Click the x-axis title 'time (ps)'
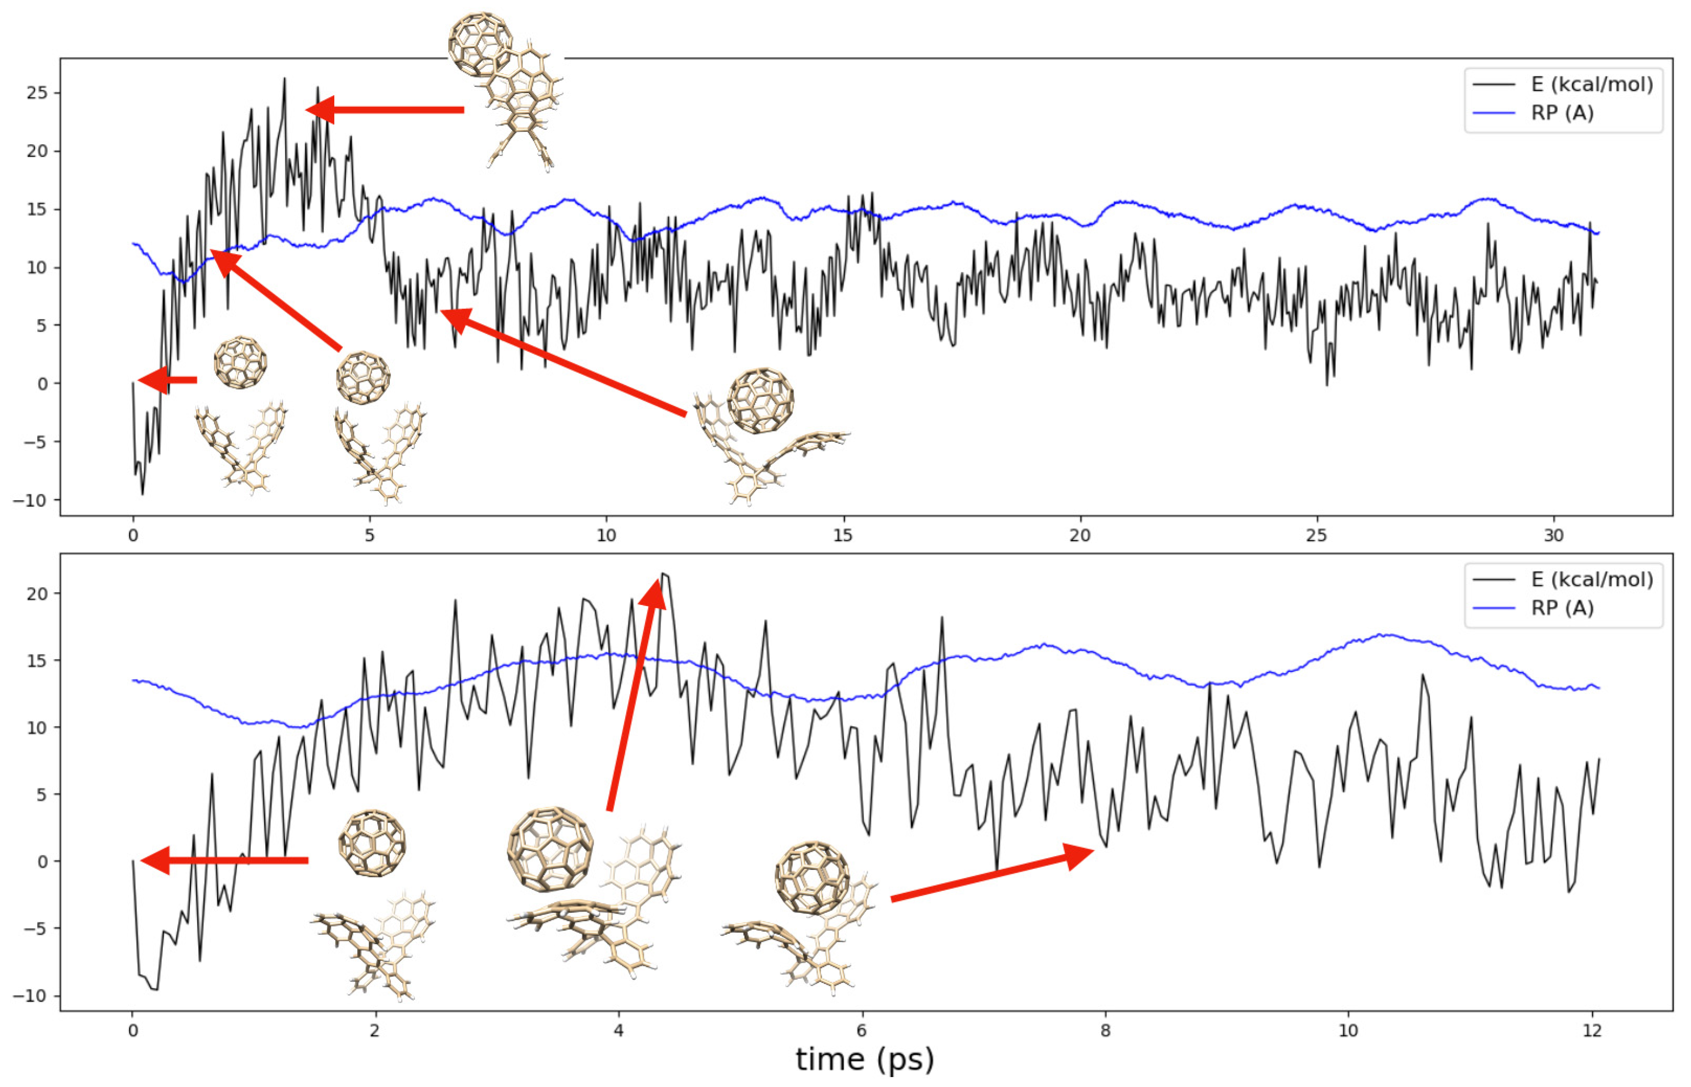coord(864,1059)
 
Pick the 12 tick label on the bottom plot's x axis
coord(1592,1031)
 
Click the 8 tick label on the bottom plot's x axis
coord(1105,1031)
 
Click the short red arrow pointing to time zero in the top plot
coord(167,381)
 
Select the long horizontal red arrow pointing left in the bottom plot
coord(224,861)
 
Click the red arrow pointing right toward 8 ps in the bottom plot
coord(992,875)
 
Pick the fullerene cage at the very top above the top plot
coord(480,44)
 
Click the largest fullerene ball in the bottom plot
coord(550,849)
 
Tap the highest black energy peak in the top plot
coord(285,79)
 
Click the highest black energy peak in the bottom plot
coord(664,574)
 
